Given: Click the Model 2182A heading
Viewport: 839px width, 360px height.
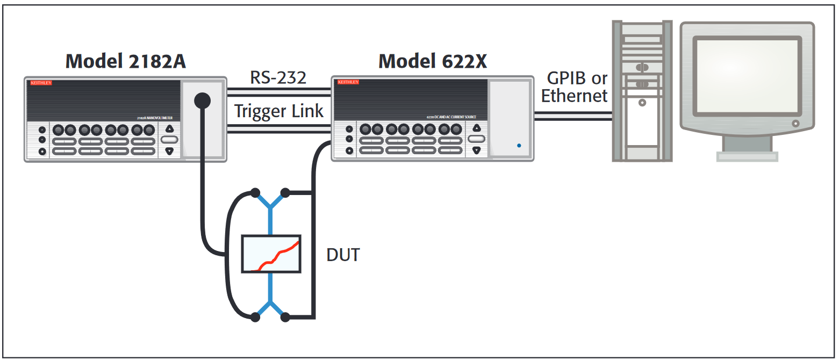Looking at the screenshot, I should [126, 61].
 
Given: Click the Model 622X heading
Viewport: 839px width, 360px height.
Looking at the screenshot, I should [433, 61].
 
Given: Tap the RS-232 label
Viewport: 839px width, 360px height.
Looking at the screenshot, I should [278, 77].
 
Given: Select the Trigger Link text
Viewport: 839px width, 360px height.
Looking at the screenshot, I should [278, 111].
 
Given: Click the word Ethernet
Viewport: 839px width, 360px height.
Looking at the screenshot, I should [574, 96].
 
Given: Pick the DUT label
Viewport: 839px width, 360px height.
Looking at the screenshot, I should [343, 255].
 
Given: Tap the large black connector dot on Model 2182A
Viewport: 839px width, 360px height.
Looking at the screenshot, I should [202, 99].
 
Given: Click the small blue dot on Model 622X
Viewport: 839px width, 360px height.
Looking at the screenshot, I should [518, 145].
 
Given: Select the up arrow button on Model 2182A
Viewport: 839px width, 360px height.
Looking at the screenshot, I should [169, 128].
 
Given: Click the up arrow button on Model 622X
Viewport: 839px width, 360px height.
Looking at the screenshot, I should [476, 128].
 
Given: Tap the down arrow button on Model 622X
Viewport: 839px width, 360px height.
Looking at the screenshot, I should [476, 150].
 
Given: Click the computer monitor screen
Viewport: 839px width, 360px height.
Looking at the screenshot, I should [747, 75].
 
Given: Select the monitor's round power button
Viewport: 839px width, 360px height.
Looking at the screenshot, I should [795, 124].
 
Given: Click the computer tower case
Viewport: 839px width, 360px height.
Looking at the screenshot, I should [642, 91].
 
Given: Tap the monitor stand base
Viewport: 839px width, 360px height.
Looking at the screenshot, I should [747, 156].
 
